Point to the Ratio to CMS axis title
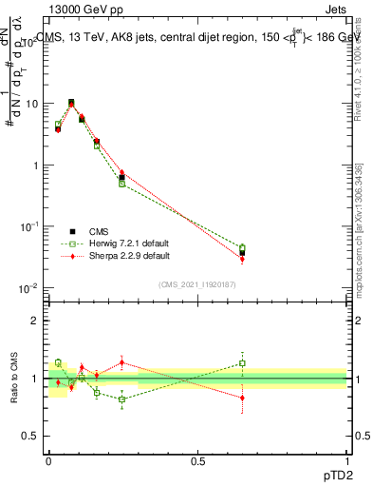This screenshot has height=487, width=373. pyautogui.click(x=13, y=376)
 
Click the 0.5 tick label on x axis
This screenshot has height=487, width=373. pyautogui.click(x=197, y=459)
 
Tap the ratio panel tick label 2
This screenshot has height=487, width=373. pyautogui.click(x=34, y=321)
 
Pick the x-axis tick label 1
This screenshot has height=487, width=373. pyautogui.click(x=346, y=459)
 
